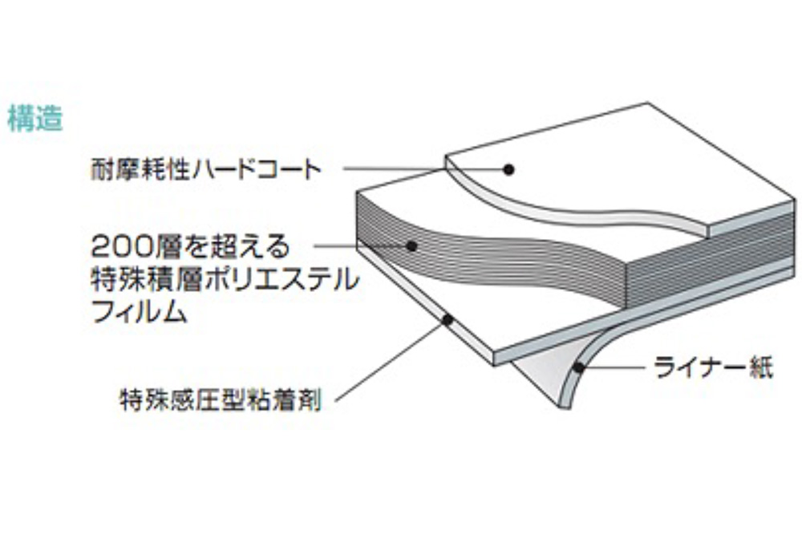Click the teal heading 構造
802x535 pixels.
[35, 120]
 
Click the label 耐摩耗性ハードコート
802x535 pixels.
[206, 170]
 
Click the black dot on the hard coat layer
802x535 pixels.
[508, 168]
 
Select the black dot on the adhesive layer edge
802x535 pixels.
[448, 320]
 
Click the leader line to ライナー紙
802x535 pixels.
[618, 370]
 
